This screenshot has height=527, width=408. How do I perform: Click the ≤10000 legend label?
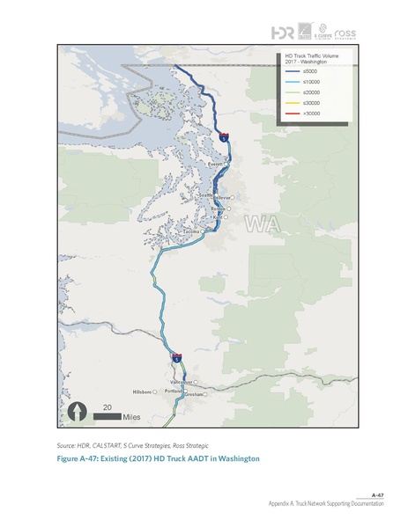[x=310, y=83]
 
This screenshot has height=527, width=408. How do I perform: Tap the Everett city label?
[x=215, y=165]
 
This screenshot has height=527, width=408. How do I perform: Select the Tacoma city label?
[x=192, y=232]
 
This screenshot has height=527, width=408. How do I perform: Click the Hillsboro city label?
[x=142, y=392]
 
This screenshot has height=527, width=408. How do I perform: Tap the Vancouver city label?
[x=181, y=382]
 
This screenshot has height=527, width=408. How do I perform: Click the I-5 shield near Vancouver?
[x=176, y=357]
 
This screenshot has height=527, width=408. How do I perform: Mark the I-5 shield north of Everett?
[x=226, y=137]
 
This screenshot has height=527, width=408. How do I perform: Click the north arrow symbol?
[x=79, y=412]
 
